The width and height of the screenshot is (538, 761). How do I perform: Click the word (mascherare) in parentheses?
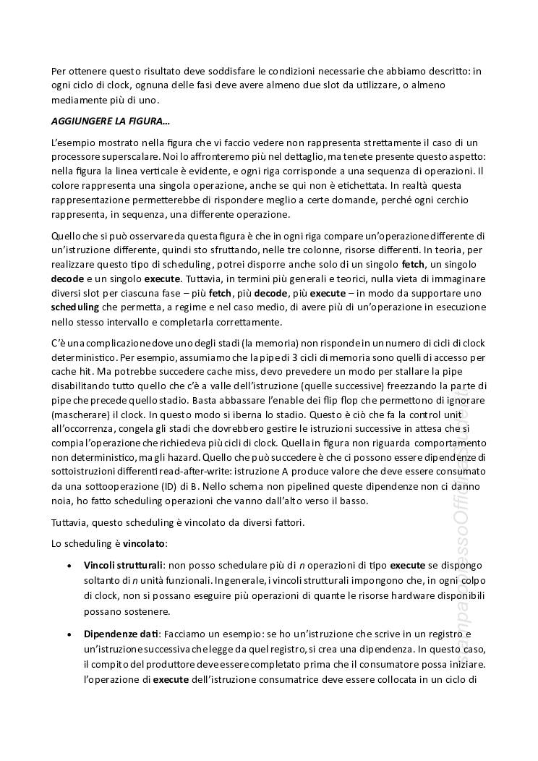point(80,412)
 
